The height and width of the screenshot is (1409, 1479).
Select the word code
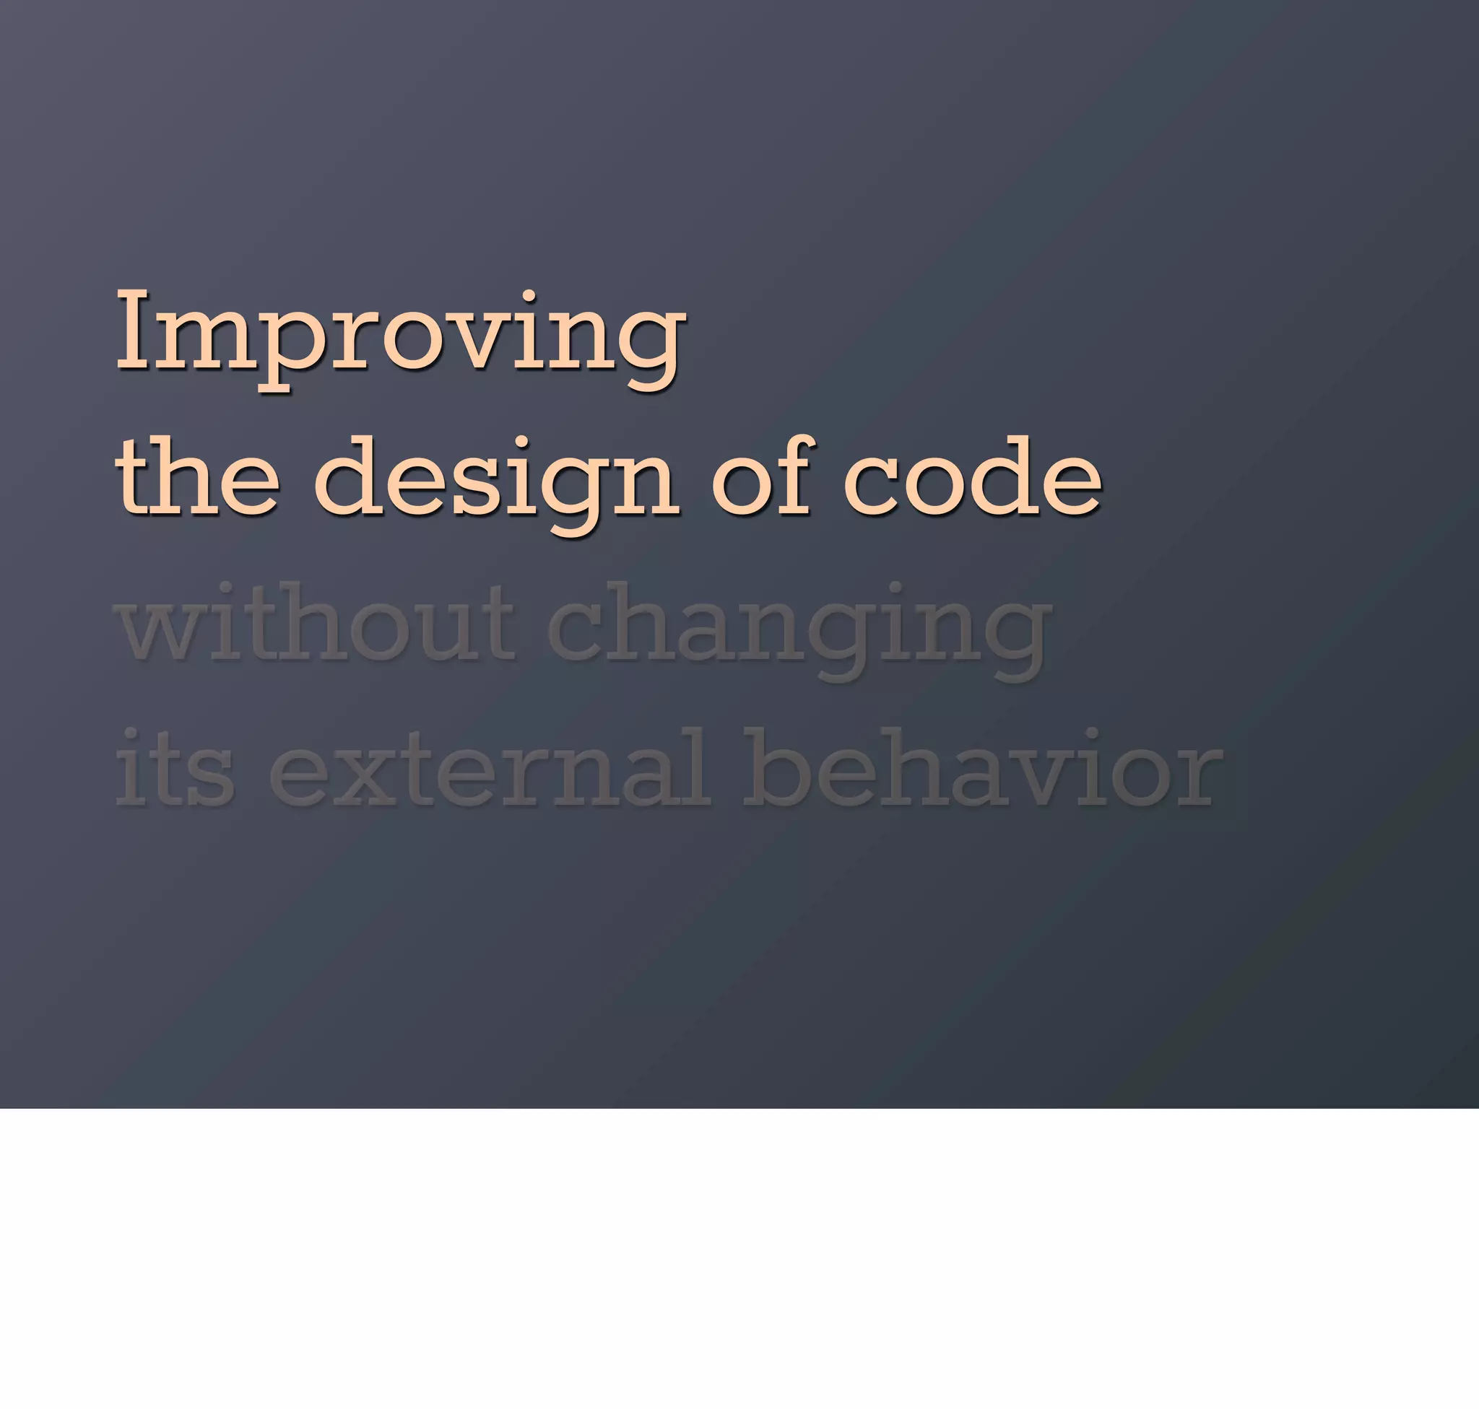[x=973, y=478]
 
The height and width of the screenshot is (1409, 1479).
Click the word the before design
[x=197, y=478]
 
